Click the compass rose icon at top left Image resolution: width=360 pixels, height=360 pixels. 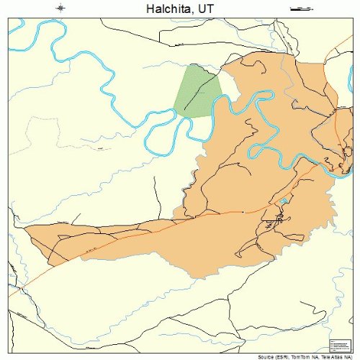coord(61,8)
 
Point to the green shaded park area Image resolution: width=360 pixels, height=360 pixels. coord(196,90)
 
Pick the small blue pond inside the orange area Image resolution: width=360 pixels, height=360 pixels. coord(285,200)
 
